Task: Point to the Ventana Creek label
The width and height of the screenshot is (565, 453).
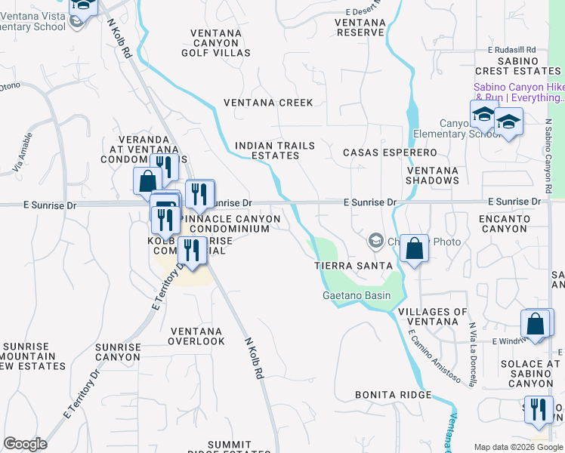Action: point(267,103)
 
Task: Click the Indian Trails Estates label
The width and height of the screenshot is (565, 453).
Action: point(267,150)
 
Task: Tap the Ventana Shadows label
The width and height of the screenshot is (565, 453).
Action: point(432,175)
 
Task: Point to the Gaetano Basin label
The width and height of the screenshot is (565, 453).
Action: point(357,295)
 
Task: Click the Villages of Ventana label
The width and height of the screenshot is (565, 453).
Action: point(433,317)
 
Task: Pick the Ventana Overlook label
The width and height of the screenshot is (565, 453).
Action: point(196,336)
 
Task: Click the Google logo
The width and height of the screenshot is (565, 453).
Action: point(25,444)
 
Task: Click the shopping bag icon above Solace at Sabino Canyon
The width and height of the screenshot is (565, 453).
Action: point(536,323)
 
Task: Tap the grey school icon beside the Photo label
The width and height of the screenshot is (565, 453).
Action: point(375,242)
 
